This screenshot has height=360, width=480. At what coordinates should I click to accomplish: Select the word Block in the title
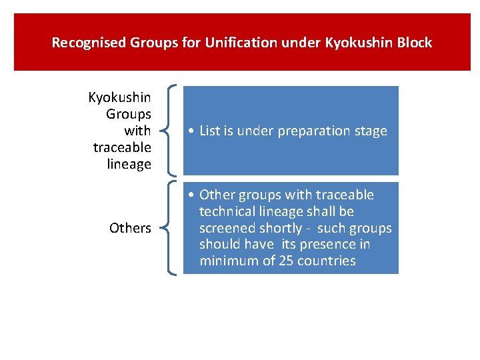[x=414, y=43]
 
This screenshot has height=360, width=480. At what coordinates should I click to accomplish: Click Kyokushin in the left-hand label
[x=120, y=98]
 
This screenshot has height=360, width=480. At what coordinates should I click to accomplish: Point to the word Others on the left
[x=130, y=228]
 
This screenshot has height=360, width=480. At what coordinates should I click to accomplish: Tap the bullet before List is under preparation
[x=191, y=131]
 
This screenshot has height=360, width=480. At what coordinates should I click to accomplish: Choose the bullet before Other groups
[x=191, y=195]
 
